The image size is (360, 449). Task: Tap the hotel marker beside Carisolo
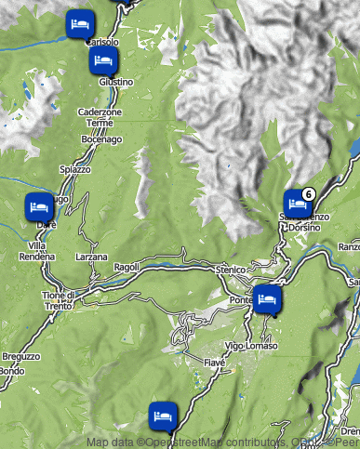pyautogui.click(x=80, y=23)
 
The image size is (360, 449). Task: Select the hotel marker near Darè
pyautogui.click(x=39, y=205)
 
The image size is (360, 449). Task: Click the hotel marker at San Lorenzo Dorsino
pyautogui.click(x=297, y=202)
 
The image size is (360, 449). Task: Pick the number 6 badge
pyautogui.click(x=309, y=192)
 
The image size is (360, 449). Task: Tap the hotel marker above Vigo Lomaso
pyautogui.click(x=268, y=299)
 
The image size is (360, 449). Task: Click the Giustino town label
pyautogui.click(x=116, y=82)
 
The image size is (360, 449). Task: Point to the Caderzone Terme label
pyautogui.click(x=99, y=117)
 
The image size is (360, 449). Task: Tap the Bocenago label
pyautogui.click(x=101, y=139)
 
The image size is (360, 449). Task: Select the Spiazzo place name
pyautogui.click(x=75, y=169)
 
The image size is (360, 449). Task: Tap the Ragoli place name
pyautogui.click(x=126, y=266)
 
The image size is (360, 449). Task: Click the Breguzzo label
pyautogui.click(x=21, y=356)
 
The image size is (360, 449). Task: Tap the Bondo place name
pyautogui.click(x=12, y=371)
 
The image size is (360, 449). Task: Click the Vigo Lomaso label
pyautogui.click(x=251, y=346)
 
